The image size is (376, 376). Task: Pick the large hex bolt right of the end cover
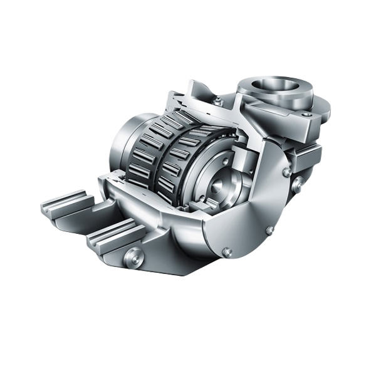pyautogui.click(x=298, y=184)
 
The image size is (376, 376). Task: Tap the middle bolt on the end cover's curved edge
pyautogui.click(x=269, y=230)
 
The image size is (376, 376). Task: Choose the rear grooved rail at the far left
pyautogui.click(x=66, y=203)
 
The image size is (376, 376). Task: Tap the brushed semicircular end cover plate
pyautogui.click(x=251, y=207)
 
